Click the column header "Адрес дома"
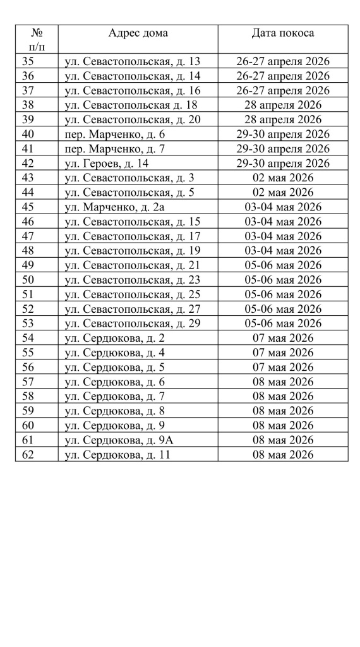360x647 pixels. click(x=138, y=33)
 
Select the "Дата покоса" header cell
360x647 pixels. click(x=282, y=33)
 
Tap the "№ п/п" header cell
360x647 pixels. click(x=37, y=39)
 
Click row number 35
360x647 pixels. click(x=28, y=61)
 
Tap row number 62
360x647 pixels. click(x=28, y=454)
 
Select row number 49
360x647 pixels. click(x=28, y=265)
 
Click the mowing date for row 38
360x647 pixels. click(x=282, y=105)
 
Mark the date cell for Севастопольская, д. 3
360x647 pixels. click(x=282, y=178)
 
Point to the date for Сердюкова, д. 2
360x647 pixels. click(x=282, y=338)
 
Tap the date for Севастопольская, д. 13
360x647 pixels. click(x=282, y=61)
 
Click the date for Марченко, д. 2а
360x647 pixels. click(x=282, y=207)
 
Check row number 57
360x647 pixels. click(x=28, y=382)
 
